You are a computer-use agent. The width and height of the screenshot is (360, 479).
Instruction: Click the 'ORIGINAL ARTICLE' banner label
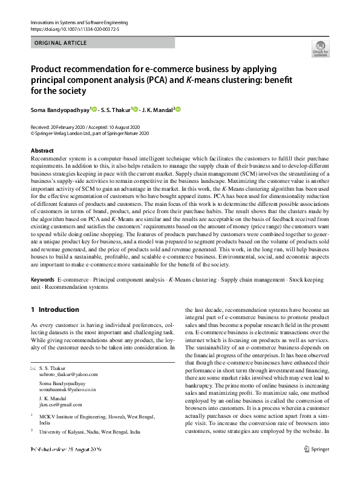coord(61,43)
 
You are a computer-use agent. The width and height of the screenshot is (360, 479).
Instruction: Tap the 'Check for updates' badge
coord(320,49)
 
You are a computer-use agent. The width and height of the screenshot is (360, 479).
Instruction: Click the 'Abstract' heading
coord(42,150)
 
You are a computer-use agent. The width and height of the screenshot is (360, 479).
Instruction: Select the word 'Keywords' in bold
coord(42,280)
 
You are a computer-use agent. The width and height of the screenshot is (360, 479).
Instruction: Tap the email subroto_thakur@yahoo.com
coord(68,374)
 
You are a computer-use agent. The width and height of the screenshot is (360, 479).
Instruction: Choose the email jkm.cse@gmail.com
coord(60,405)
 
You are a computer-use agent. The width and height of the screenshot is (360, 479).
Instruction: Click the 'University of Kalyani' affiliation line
coord(90,432)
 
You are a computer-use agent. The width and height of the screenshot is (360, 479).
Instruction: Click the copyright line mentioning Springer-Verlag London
coord(90,133)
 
